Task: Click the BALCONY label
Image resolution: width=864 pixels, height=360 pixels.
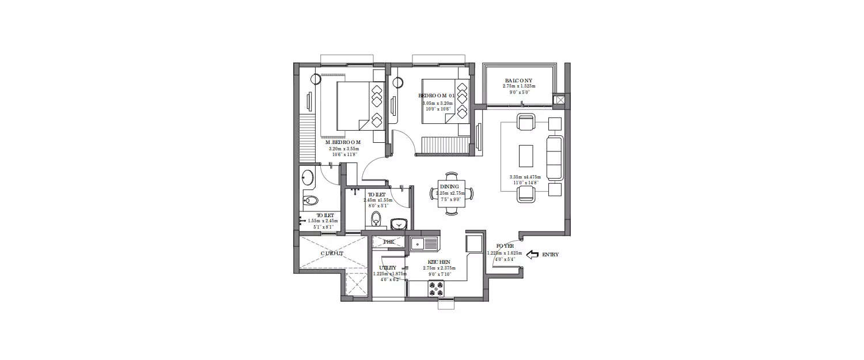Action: tap(519, 81)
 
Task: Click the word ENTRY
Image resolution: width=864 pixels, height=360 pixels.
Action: tap(550, 254)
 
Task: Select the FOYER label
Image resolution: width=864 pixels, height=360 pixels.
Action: tap(496, 245)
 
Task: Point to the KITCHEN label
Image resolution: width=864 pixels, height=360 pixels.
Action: tap(439, 261)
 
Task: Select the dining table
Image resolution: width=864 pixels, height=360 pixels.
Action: tap(452, 194)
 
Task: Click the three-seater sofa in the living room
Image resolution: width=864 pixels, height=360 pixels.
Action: tap(555, 157)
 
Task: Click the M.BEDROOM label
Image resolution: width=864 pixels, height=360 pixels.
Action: tap(343, 142)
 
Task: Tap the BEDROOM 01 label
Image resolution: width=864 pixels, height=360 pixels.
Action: tap(437, 96)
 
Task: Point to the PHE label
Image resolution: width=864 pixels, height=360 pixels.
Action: tap(389, 241)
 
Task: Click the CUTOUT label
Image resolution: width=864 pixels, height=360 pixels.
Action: tap(332, 253)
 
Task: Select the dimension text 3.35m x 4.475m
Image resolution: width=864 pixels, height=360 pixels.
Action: tap(525, 177)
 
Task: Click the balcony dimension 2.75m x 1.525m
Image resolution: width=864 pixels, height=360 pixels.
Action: tap(519, 86)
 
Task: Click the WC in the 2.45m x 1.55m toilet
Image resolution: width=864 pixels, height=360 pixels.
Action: tap(376, 218)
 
